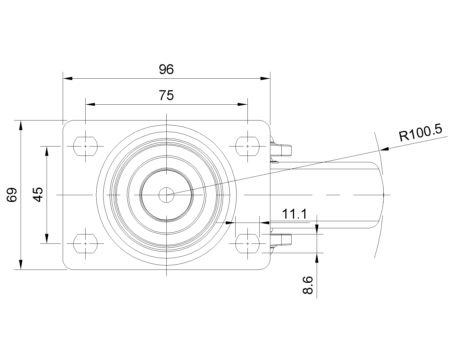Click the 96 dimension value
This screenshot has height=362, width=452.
[x=166, y=69]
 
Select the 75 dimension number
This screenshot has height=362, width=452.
[x=166, y=95]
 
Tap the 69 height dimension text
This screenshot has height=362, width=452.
[x=12, y=195]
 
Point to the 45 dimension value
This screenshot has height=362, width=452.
[x=38, y=195]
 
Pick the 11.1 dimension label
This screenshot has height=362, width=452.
[x=294, y=214]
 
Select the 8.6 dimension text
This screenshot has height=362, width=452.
[x=308, y=285]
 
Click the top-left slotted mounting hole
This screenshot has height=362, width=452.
[x=85, y=146]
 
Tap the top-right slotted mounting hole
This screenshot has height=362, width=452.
[x=247, y=146]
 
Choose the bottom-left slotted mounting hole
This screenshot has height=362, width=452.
[x=85, y=244]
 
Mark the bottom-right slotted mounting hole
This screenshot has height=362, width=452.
[x=247, y=244]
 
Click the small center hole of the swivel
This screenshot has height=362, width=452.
[x=166, y=195]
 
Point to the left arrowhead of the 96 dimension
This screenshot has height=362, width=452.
[x=68, y=78]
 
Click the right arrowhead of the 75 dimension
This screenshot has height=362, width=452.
[x=243, y=104]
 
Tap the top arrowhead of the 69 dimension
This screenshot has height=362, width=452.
[x=21, y=125]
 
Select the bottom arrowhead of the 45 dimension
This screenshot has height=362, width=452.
[x=47, y=239]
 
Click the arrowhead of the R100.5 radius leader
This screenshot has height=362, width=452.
[x=384, y=149]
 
